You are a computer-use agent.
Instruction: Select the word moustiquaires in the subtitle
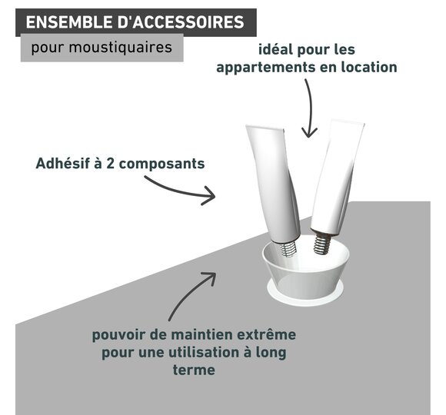(120, 47)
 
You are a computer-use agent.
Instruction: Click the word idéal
(275, 49)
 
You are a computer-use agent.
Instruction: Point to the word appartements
(266, 68)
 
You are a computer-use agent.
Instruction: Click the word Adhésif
(62, 164)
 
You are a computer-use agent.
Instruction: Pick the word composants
(161, 164)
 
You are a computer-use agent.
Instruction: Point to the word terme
(194, 370)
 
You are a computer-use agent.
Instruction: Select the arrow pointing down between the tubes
(311, 108)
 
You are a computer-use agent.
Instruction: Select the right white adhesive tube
(337, 178)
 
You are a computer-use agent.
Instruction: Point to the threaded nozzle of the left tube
(288, 249)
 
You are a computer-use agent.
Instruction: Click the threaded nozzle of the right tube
(322, 243)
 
